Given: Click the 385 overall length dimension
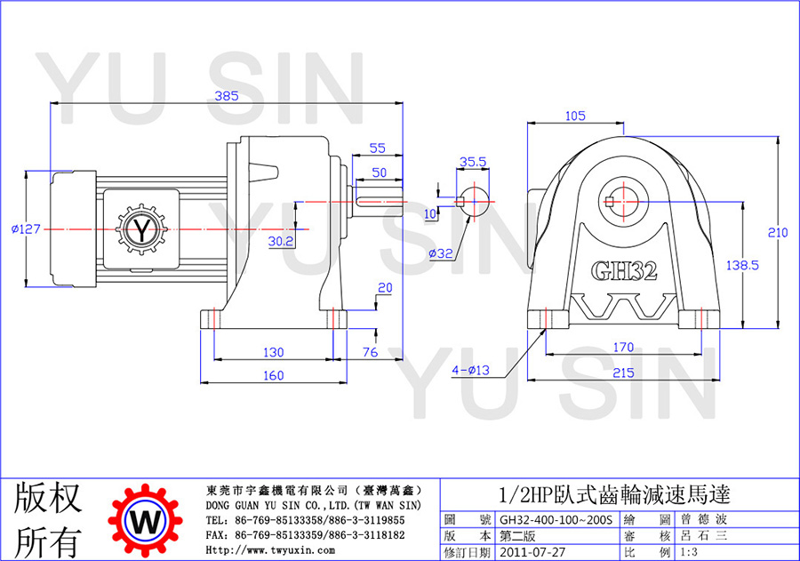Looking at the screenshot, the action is coord(227,95).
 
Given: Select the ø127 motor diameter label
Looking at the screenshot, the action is coord(26,229).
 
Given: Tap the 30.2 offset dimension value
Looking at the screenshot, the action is coord(281,241).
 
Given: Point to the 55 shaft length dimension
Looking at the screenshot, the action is coord(377,148).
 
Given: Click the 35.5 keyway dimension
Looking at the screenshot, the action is coord(473,162).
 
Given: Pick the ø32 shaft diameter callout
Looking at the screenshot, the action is coord(441,253).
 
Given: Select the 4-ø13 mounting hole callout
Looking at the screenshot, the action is coord(470,370).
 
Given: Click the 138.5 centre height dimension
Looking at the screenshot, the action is coord(742,265).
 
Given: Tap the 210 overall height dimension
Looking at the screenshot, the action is coord(778,232).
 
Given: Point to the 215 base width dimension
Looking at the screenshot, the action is coord(623,373).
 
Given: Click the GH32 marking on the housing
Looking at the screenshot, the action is coord(624,271).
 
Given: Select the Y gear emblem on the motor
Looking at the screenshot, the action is coord(142,229).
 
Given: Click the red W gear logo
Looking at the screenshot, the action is coord(145,520).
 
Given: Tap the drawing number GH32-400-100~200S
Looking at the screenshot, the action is coord(556,519).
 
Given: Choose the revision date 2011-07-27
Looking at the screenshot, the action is coord(532,552).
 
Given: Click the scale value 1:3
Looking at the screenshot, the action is coord(689,552).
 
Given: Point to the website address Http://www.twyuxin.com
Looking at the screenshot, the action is coord(270,550).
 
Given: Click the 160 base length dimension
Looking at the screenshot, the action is coord(274,376).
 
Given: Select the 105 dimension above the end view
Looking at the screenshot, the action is coord(575,116).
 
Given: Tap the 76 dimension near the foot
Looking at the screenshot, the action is coord(371,352).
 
